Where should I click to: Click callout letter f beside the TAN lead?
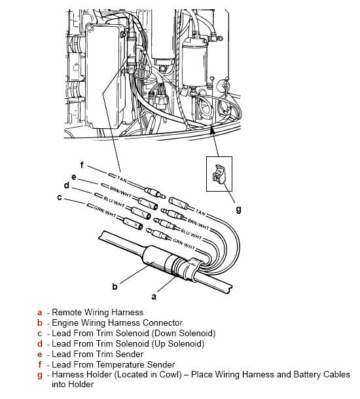(82, 165)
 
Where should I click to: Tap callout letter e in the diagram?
(74, 177)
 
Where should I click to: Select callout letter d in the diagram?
(67, 185)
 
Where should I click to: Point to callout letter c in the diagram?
(60, 197)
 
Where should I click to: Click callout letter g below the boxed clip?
(238, 209)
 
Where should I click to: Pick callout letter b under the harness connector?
(115, 286)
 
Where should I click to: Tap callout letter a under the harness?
(154, 297)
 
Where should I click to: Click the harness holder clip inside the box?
(219, 174)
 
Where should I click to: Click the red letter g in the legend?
(40, 375)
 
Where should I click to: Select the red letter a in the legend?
(40, 313)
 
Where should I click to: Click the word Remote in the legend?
(67, 312)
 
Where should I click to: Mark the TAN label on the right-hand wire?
(200, 212)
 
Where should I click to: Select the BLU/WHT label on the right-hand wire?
(191, 235)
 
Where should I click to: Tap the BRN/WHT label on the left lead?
(120, 192)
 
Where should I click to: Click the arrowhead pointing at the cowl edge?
(212, 128)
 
